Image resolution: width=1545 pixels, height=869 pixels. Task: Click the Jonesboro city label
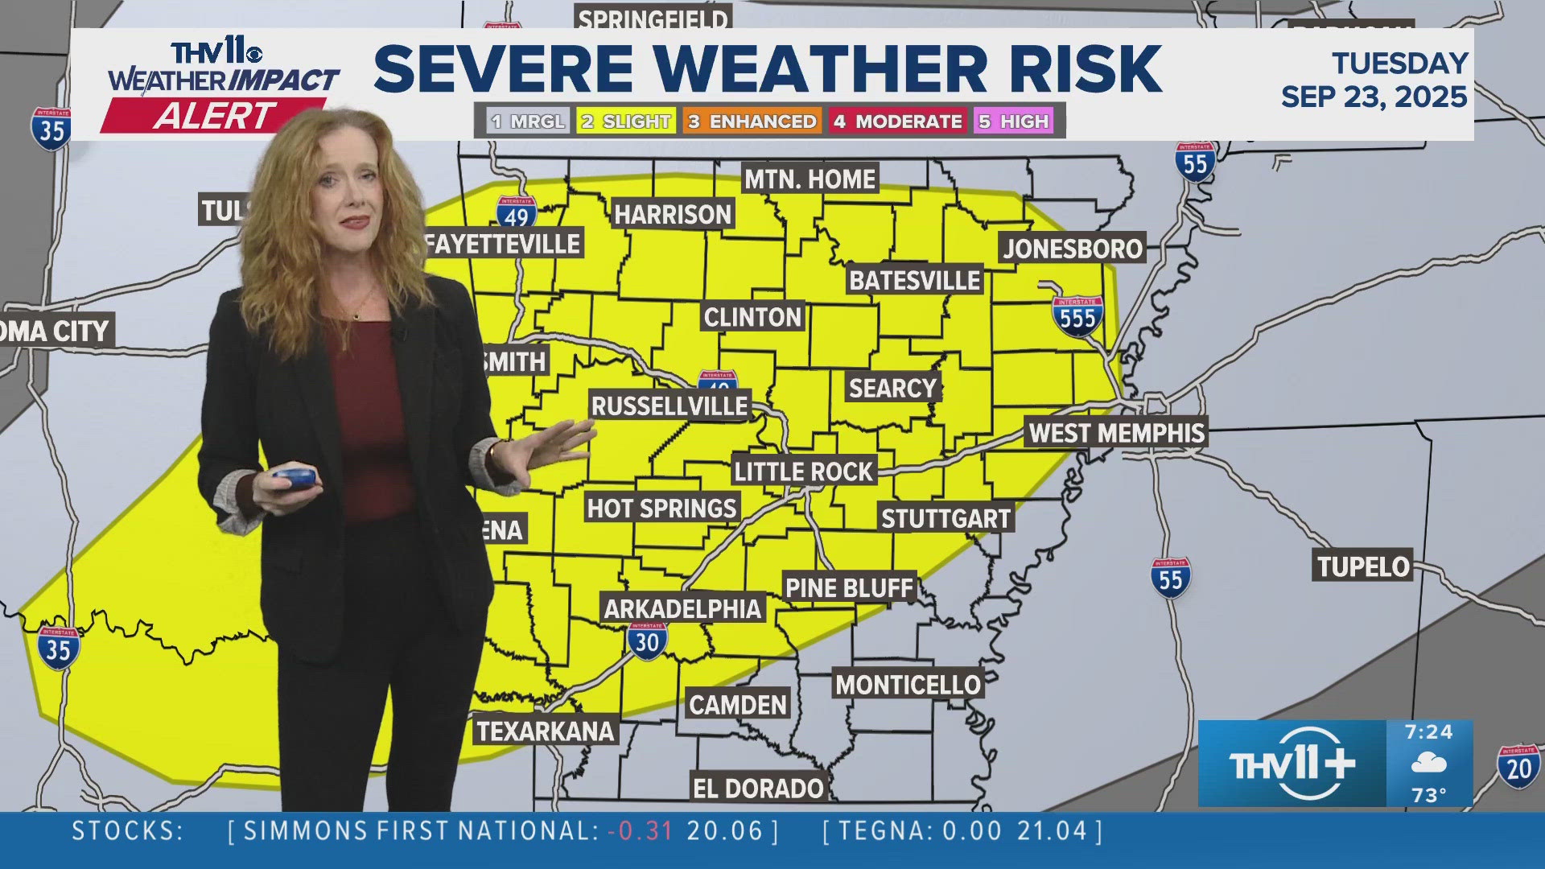click(1072, 249)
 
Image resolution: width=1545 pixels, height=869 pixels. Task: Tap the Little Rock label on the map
click(803, 471)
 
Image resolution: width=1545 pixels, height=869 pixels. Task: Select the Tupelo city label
click(1363, 566)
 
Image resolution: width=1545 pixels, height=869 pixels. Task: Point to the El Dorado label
click(758, 789)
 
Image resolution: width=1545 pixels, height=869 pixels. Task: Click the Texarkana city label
click(546, 731)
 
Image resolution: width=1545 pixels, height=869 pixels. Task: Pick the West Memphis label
click(1117, 433)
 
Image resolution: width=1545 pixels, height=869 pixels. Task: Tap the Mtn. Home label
click(810, 179)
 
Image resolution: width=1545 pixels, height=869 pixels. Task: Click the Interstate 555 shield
click(1077, 316)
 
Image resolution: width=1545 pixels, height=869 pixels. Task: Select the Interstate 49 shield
click(517, 213)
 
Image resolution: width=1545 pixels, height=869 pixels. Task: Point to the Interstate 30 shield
click(647, 640)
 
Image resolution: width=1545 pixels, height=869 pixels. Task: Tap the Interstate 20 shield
click(1518, 767)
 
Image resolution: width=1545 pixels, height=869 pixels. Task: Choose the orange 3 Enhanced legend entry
click(752, 121)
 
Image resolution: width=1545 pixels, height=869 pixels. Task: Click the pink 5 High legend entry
click(1014, 121)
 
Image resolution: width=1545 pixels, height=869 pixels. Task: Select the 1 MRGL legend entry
click(529, 121)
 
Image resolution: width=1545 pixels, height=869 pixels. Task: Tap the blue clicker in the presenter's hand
click(294, 477)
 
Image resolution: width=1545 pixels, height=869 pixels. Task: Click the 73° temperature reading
click(1429, 795)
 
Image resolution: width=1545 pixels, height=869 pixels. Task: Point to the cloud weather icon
click(1429, 763)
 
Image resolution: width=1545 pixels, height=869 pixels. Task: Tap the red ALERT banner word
click(214, 116)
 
